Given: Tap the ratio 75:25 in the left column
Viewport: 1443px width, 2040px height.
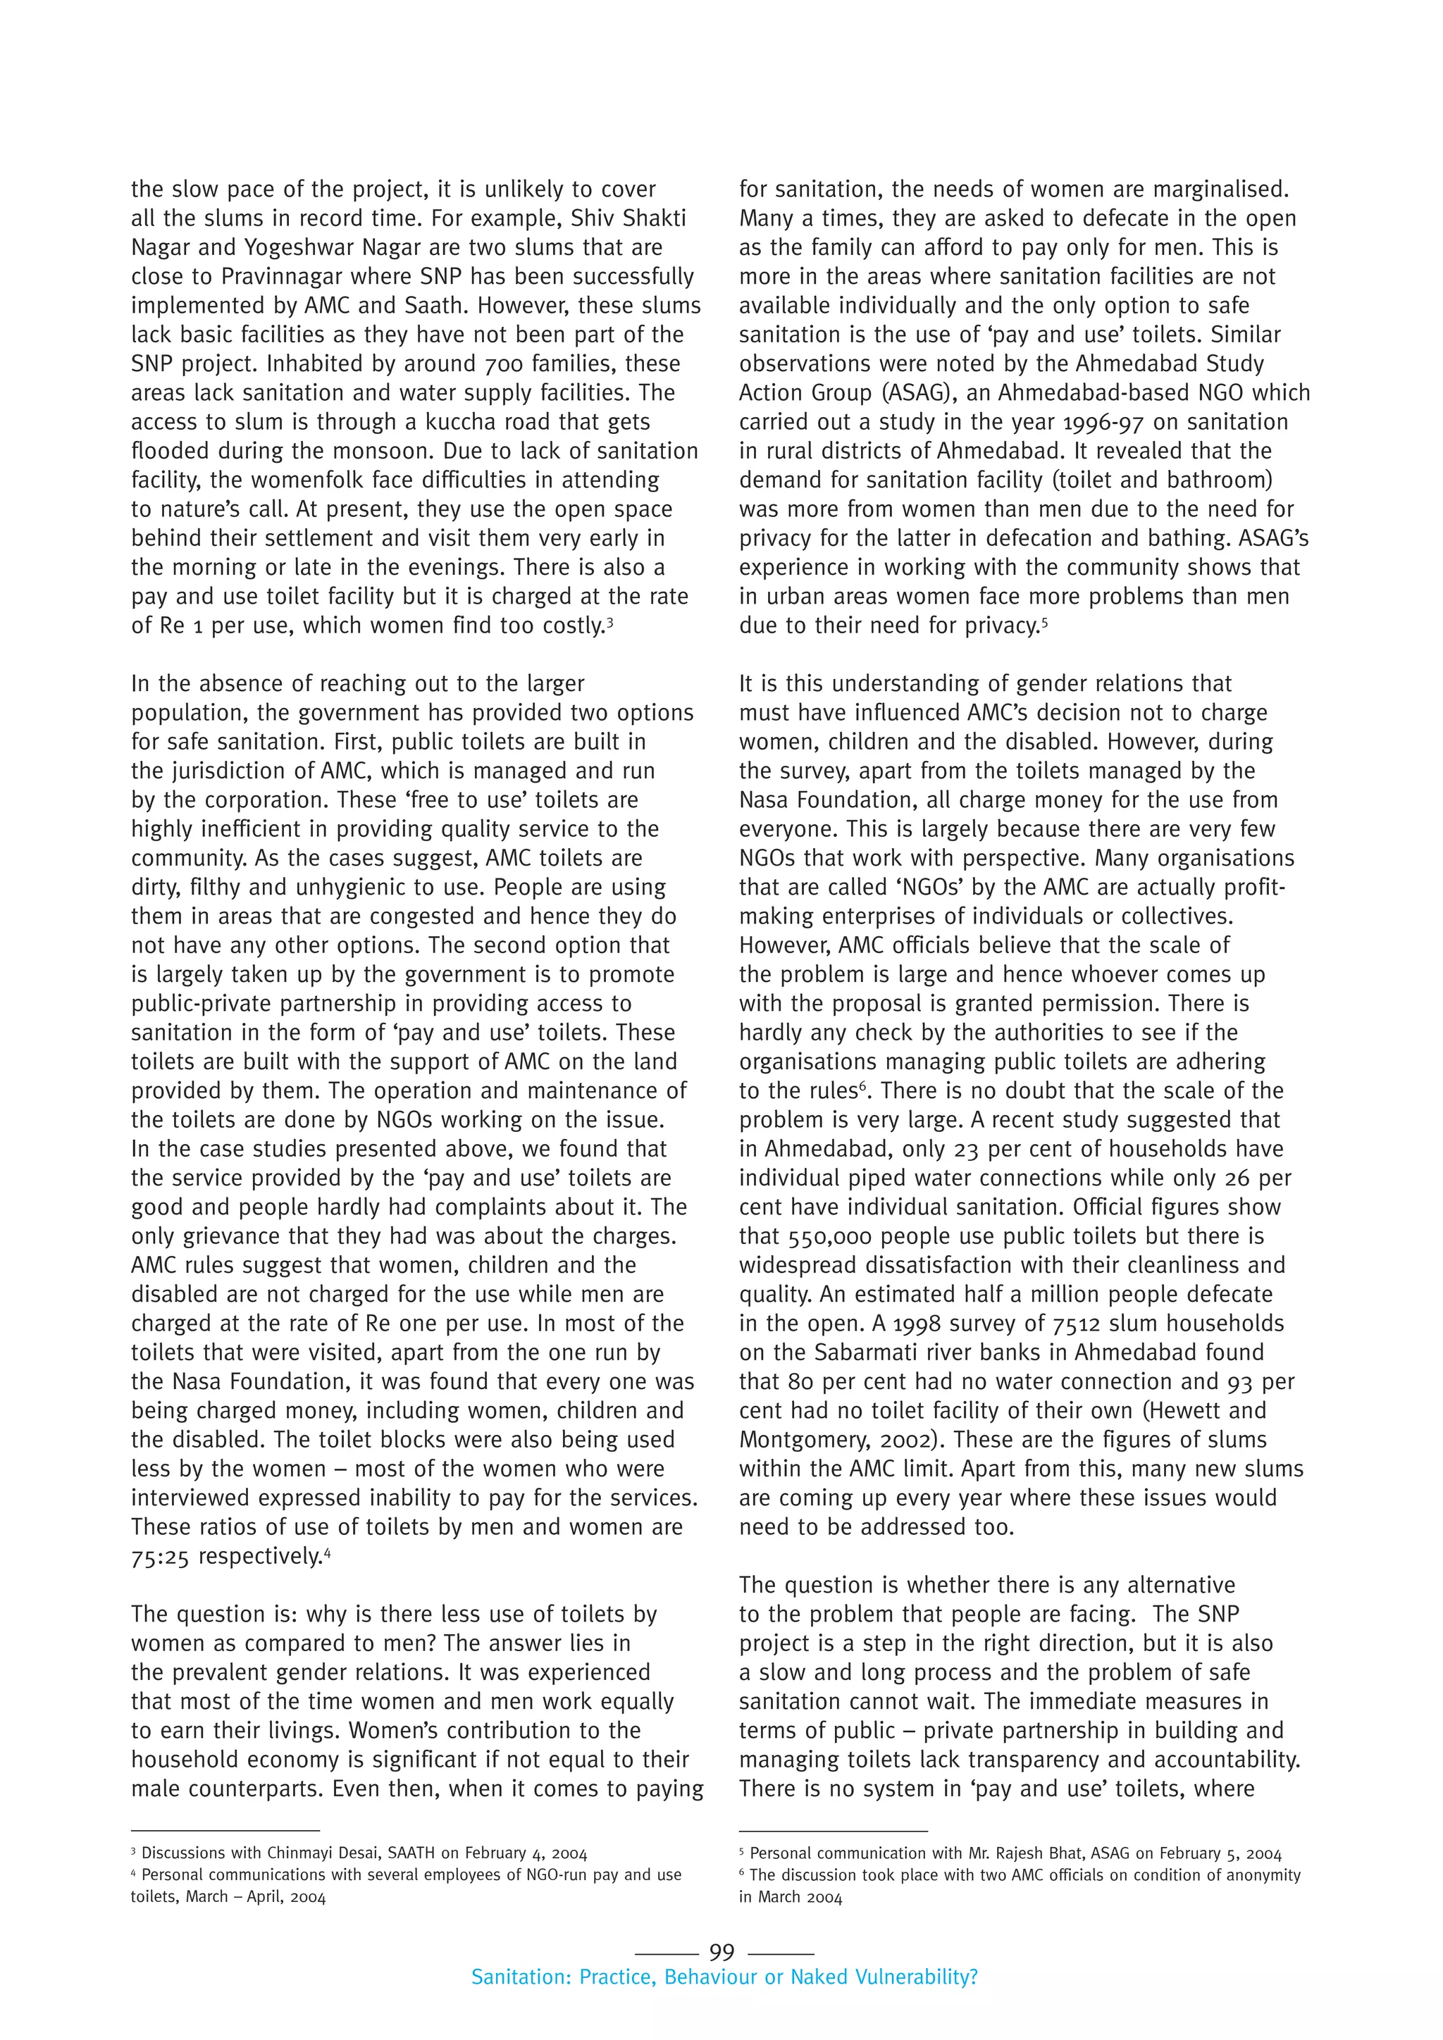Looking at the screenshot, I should coord(160,1557).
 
